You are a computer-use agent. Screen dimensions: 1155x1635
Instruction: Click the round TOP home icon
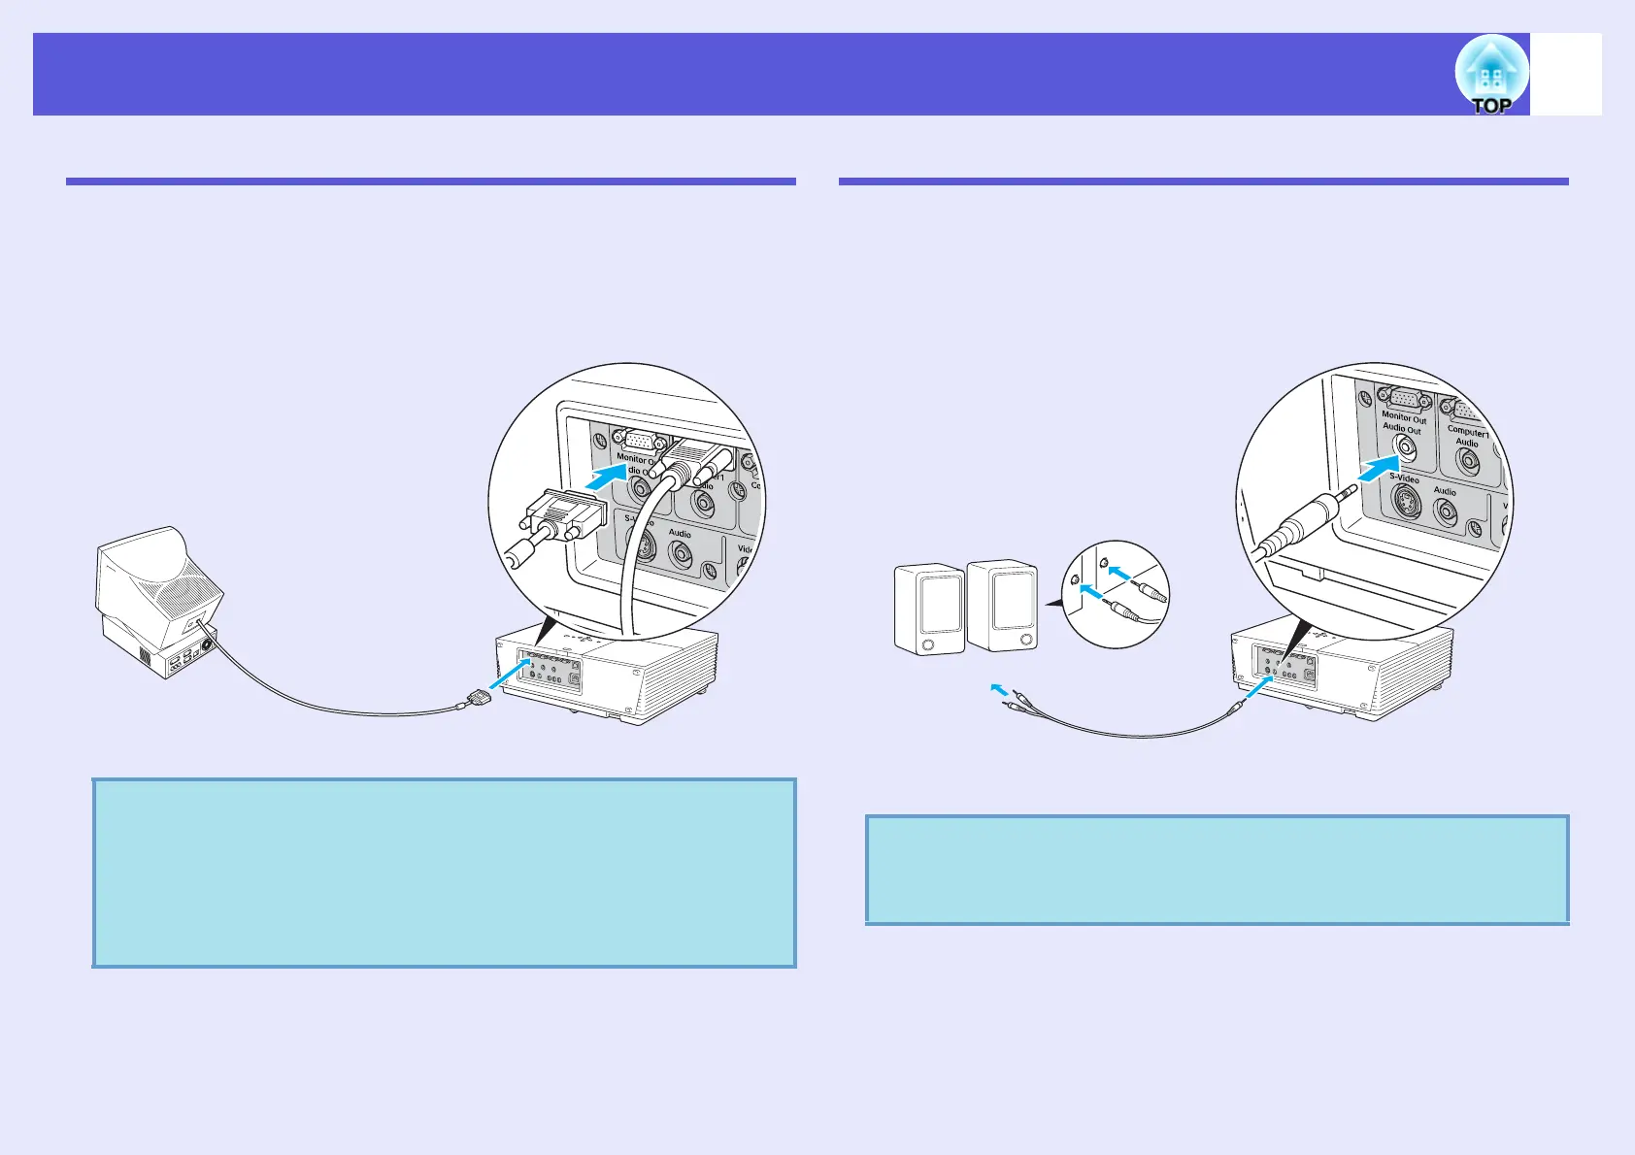click(1491, 75)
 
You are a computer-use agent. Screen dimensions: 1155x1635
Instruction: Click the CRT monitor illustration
click(157, 602)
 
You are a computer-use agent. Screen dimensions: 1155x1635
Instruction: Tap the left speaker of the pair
click(928, 610)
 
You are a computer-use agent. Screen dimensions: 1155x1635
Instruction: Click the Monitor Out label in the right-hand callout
click(1404, 418)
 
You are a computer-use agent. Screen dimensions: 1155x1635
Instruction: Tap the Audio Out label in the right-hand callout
click(1401, 428)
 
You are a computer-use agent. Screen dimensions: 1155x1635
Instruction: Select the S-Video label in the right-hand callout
click(1404, 478)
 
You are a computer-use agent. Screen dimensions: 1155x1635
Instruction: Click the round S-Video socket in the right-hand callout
click(1404, 501)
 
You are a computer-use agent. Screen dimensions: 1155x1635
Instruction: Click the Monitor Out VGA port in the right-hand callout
click(1404, 399)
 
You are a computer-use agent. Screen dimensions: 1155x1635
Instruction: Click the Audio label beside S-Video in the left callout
click(680, 533)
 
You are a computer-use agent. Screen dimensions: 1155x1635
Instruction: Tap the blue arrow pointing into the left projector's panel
click(510, 674)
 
